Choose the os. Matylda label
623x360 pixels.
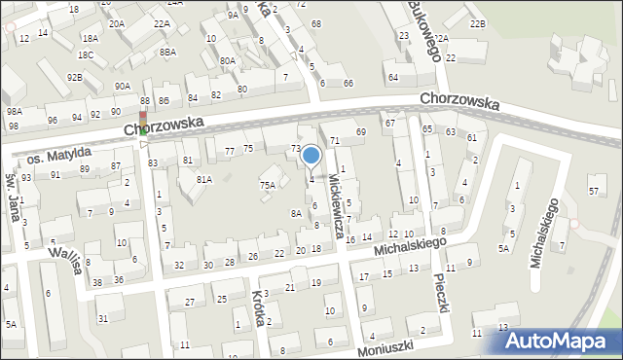58,155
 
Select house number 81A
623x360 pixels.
204,180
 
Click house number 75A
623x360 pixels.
267,184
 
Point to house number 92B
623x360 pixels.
75,77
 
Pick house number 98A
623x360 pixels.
14,112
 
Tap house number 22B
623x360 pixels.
476,22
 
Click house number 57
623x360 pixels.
593,191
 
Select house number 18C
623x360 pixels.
86,55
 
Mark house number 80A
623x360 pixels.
228,60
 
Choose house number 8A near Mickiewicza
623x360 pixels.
295,213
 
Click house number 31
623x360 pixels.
102,318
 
